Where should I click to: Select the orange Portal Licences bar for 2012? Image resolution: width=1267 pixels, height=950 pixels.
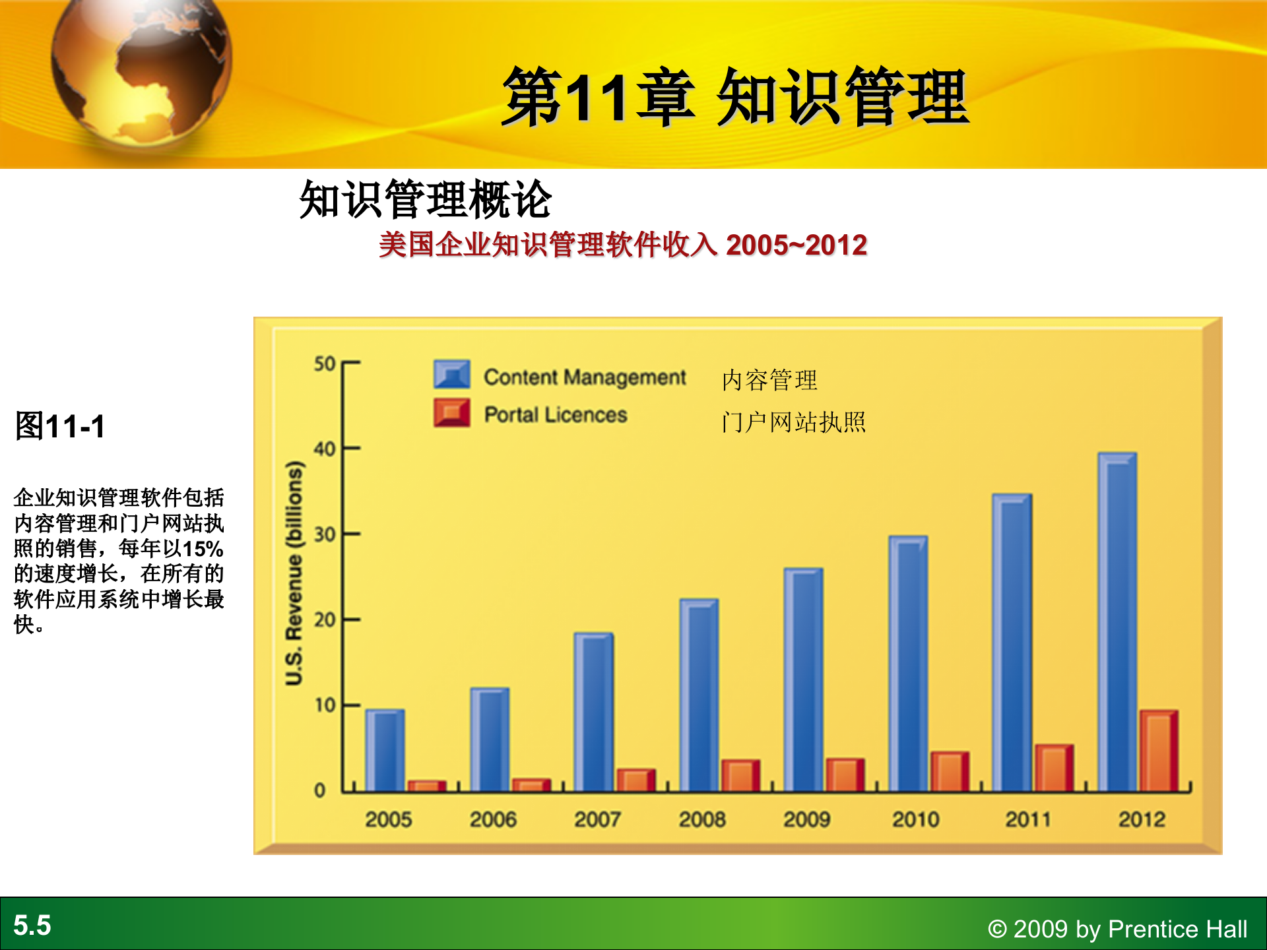1158,752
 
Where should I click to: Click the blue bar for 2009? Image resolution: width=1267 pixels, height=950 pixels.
803,680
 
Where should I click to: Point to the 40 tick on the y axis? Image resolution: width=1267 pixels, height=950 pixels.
325,449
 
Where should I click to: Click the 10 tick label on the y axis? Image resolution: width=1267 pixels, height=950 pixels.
325,705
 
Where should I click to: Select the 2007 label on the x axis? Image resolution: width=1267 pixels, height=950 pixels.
597,819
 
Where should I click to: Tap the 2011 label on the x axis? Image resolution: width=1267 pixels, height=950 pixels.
1027,819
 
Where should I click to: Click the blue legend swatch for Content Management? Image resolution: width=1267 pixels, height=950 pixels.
452,375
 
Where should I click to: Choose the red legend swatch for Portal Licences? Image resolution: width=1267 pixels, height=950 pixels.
452,413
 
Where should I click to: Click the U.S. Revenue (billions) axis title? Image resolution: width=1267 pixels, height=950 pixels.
294,573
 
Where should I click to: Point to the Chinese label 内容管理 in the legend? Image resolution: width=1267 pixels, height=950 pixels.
769,381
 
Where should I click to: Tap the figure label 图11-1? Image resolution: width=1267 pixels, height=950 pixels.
60,426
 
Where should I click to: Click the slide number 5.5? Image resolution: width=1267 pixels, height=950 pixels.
32,925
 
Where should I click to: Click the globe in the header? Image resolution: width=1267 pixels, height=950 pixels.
141,66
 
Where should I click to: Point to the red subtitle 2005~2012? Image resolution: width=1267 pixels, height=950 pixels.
796,245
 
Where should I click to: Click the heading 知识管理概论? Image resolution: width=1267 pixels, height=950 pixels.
425,199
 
